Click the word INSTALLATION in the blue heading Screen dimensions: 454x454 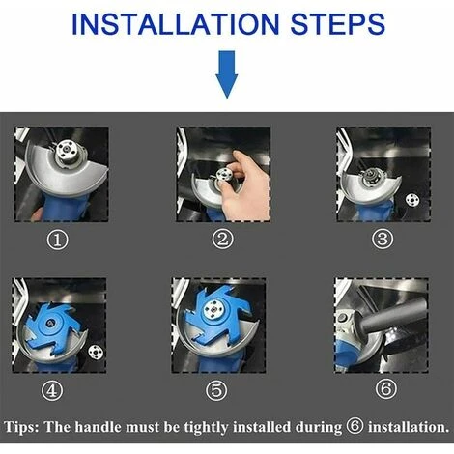[x=175, y=24]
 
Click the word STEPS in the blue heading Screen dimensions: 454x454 [x=338, y=24]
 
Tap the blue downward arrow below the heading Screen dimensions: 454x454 [x=227, y=74]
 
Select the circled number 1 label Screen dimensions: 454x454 [x=58, y=241]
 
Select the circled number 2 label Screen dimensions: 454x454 [x=222, y=239]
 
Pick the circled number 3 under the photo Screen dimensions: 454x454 [x=383, y=239]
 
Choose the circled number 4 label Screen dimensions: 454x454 [x=52, y=390]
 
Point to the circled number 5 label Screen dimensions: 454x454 [x=216, y=390]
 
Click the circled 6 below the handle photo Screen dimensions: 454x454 [x=385, y=388]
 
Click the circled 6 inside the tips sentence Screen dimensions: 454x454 [x=355, y=426]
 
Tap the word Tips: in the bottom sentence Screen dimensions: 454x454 [x=21, y=427]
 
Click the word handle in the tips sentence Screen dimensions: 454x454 [x=99, y=427]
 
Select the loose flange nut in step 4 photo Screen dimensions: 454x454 [x=95, y=351]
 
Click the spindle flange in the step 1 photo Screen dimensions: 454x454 [x=67, y=150]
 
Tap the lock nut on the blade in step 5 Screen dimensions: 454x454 [x=212, y=308]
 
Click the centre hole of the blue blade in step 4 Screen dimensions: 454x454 [x=51, y=323]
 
